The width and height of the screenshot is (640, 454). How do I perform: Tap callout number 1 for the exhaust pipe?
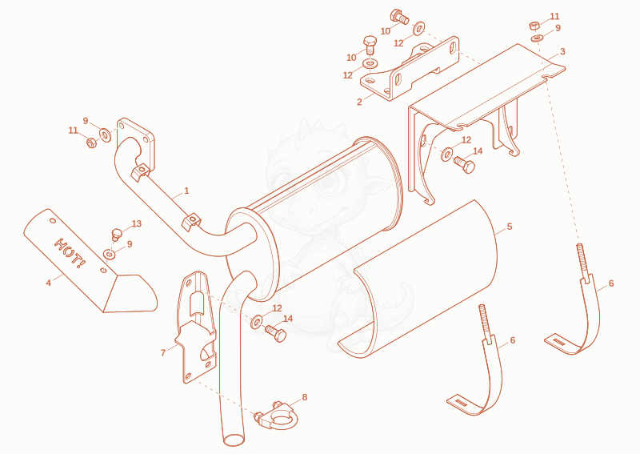point(186,191)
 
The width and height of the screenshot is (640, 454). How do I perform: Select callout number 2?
point(359,102)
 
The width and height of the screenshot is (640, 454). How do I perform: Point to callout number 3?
point(562,51)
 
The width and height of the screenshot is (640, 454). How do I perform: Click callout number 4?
point(49,283)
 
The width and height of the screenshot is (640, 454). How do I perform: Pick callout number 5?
point(510,227)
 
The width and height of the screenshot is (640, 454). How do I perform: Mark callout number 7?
point(163,352)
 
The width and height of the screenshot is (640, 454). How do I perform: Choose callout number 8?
point(305,397)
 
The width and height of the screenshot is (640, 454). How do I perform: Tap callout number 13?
point(137,223)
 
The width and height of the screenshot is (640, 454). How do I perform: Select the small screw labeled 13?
point(116,235)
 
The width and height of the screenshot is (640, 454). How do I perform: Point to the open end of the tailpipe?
point(234,440)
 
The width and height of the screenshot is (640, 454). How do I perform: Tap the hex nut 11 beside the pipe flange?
point(91,143)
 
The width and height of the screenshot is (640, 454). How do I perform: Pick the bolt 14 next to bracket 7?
point(276,332)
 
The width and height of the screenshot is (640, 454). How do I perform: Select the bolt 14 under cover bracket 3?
point(465,165)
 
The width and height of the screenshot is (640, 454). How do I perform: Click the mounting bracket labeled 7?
point(196,327)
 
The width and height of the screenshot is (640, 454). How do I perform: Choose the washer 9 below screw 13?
point(110,255)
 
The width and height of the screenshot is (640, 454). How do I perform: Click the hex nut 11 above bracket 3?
point(534,26)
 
